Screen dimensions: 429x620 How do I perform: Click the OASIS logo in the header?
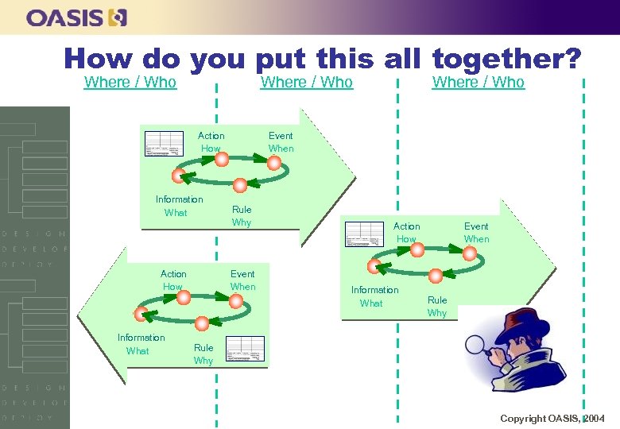click(76, 17)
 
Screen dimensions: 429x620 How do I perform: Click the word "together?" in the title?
click(507, 58)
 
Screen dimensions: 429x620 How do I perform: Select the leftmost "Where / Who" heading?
click(130, 82)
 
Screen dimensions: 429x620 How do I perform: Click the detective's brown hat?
click(520, 318)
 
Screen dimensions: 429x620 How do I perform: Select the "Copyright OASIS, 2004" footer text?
click(552, 419)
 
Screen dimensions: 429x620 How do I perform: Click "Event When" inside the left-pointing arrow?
click(242, 280)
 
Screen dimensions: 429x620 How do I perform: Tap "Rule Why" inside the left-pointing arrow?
click(203, 354)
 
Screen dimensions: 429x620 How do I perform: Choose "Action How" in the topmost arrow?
click(211, 142)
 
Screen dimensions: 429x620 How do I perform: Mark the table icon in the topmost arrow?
click(164, 143)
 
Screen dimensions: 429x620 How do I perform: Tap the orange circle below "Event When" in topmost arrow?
click(274, 164)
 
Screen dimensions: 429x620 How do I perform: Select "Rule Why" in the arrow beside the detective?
click(437, 306)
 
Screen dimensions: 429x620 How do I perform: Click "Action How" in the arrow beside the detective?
click(406, 233)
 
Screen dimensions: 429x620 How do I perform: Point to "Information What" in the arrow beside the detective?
click(374, 296)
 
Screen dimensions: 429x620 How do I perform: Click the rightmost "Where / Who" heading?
click(478, 82)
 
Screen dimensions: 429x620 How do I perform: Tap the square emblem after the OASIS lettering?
click(118, 17)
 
